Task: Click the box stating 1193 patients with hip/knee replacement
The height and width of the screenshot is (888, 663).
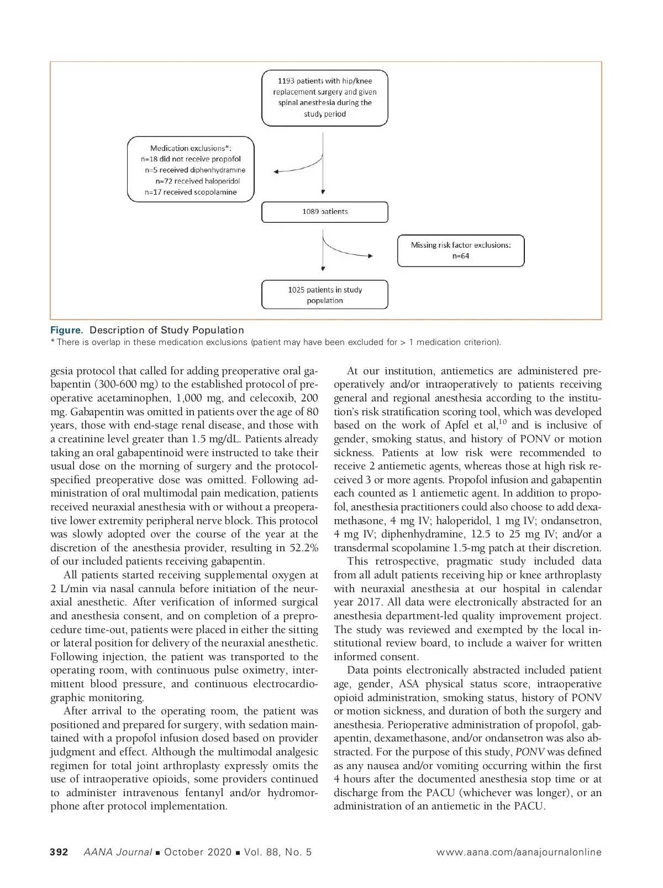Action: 325,98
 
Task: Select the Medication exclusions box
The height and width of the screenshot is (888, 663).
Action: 191,170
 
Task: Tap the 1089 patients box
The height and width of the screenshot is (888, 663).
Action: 325,212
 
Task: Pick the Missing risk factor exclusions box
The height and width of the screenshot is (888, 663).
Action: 461,251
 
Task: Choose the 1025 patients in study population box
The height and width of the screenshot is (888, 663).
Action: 325,295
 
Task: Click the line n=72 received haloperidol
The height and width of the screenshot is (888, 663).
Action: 198,181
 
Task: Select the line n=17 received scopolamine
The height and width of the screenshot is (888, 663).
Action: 191,192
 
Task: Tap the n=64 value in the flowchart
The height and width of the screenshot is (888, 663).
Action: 461,257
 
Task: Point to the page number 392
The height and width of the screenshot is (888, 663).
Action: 59,852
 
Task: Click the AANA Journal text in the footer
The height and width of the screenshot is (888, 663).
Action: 117,852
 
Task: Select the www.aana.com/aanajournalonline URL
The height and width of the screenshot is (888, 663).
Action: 519,852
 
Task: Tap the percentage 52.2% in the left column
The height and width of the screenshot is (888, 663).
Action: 303,548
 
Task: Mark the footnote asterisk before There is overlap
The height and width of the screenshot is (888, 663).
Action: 52,342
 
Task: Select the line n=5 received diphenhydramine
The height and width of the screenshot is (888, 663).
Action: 195,170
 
